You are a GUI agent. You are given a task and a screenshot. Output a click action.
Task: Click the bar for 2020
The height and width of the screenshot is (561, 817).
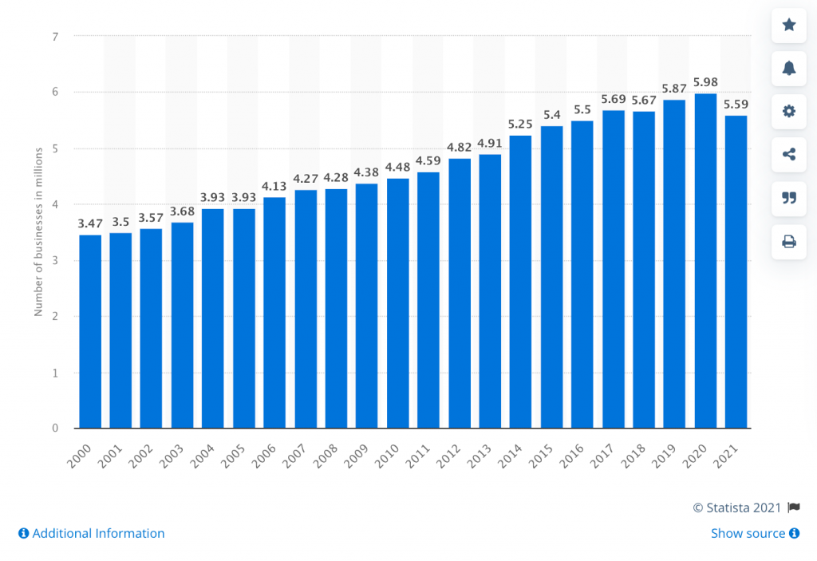[x=705, y=261]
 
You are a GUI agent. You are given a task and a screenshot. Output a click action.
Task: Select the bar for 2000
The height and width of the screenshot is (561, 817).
[x=90, y=331]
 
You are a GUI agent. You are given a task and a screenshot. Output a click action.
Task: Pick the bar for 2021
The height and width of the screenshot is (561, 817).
[x=736, y=271]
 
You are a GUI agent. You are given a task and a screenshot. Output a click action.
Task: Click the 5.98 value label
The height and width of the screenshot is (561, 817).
[x=705, y=81]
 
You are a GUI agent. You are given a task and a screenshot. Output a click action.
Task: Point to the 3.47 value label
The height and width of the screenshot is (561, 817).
[x=90, y=223]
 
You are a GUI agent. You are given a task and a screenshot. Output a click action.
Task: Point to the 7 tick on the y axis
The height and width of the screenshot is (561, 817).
[x=55, y=37]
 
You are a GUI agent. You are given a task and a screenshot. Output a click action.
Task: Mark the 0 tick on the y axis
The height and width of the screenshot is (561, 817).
[x=55, y=429]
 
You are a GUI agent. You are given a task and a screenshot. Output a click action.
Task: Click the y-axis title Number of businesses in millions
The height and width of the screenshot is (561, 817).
[x=38, y=232]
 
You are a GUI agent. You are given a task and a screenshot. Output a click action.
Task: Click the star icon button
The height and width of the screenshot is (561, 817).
[x=789, y=26]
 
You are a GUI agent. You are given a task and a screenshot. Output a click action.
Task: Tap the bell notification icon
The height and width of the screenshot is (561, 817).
[x=789, y=69]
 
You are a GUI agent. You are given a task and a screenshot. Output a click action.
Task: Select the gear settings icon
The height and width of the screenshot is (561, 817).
[x=789, y=112]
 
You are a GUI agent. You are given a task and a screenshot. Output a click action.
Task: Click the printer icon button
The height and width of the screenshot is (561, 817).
[x=789, y=241]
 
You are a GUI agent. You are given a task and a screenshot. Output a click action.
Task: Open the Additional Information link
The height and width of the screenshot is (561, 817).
[x=91, y=533]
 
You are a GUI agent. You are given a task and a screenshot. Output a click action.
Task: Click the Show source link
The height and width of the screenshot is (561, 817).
[x=755, y=533]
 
